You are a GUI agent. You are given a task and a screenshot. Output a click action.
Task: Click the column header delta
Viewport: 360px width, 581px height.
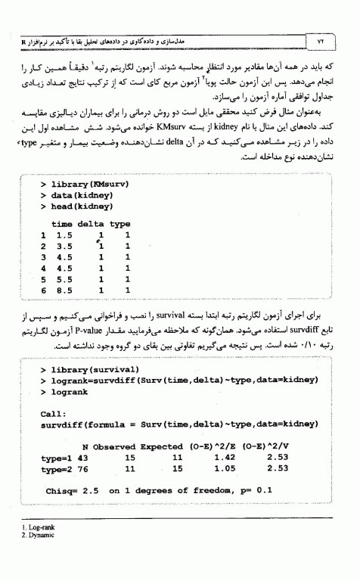point(91,224)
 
